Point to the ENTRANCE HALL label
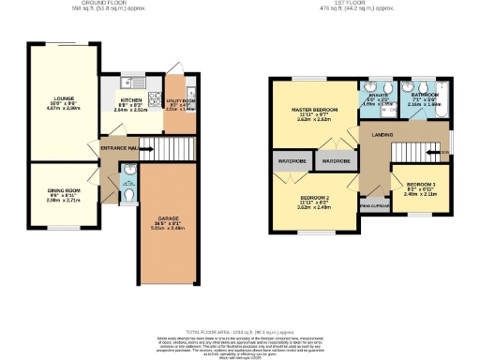[x=119, y=147]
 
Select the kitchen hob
[x=154, y=99]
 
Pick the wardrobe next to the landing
[x=336, y=161]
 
